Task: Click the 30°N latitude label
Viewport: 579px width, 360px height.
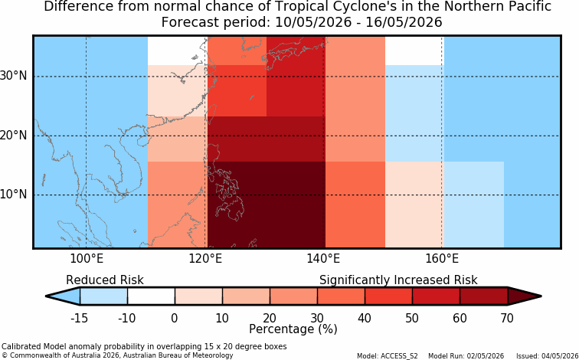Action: (x=14, y=76)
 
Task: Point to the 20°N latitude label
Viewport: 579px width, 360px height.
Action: (x=14, y=136)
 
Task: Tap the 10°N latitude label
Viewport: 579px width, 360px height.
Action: (x=14, y=195)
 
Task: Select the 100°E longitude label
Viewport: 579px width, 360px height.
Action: (x=87, y=259)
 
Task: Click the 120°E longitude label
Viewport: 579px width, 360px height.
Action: (x=205, y=259)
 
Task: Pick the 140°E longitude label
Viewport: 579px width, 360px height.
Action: (x=323, y=259)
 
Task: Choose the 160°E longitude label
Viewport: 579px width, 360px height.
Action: (x=442, y=259)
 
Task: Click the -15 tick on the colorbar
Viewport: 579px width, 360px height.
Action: (x=80, y=318)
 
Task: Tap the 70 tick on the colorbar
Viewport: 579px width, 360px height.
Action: (x=507, y=318)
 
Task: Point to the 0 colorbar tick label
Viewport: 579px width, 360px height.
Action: (x=175, y=318)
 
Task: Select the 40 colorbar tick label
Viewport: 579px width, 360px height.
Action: (x=365, y=318)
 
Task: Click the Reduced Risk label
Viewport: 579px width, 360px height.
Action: (x=105, y=280)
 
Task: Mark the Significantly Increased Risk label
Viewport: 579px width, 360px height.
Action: (x=398, y=280)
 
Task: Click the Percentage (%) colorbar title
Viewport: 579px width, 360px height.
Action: (x=293, y=329)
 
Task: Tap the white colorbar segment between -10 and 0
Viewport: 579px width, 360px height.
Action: (x=151, y=296)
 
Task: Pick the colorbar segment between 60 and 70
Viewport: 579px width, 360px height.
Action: (x=484, y=296)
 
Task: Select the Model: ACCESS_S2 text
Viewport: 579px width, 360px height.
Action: (x=388, y=356)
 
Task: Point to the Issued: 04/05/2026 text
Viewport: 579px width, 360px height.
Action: (x=548, y=356)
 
